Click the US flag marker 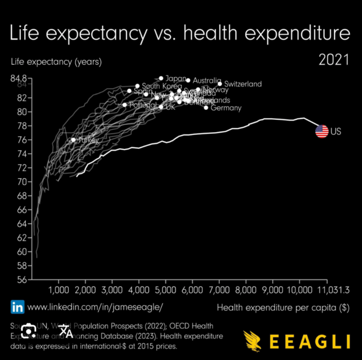(x=322, y=131)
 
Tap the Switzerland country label (x=243, y=85)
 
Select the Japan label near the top (x=176, y=78)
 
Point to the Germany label (x=226, y=108)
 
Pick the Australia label (x=207, y=80)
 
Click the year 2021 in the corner (x=334, y=61)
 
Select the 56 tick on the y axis (x=22, y=279)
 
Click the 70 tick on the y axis (x=22, y=181)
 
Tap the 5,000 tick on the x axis (x=165, y=290)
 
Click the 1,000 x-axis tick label (x=58, y=290)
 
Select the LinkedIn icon (x=18, y=307)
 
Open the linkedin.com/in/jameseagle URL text (x=95, y=307)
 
